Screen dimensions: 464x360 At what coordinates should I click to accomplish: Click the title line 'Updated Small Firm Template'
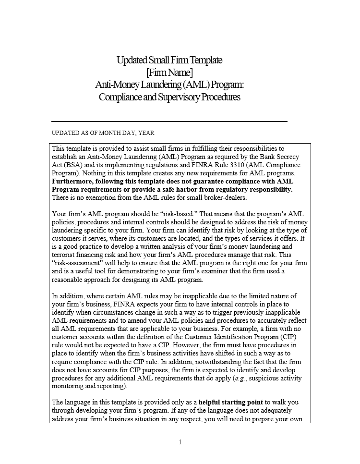pos(169,60)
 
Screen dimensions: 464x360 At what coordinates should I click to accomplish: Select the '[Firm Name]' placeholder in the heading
pos(169,73)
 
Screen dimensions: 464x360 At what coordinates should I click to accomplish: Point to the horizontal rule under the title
pos(169,122)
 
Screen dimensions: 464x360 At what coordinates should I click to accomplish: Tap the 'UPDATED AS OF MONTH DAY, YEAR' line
pos(103,133)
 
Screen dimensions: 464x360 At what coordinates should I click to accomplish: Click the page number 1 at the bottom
pos(180,442)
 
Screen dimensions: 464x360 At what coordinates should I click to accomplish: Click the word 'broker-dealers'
pos(223,197)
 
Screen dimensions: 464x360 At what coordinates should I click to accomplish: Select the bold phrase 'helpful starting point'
pos(230,402)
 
